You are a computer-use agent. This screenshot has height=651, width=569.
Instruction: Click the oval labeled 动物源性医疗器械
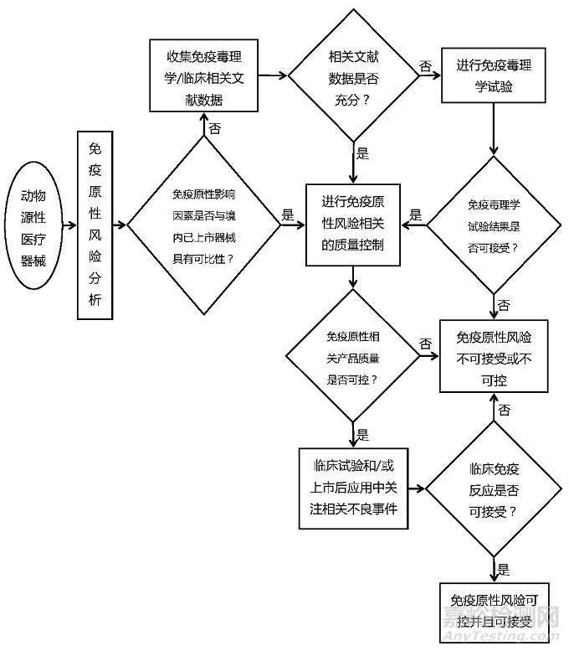click(x=35, y=226)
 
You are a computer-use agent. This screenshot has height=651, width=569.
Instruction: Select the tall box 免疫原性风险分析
click(x=95, y=225)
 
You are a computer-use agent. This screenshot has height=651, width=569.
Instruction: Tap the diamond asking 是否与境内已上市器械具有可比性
click(x=203, y=225)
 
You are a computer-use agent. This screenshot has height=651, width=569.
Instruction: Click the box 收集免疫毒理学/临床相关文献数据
click(x=204, y=76)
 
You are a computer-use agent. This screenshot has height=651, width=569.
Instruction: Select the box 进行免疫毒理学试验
click(x=493, y=76)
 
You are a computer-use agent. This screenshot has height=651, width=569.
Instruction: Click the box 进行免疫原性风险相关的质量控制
click(x=353, y=224)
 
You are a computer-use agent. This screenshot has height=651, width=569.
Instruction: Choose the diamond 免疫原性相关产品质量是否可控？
click(x=353, y=357)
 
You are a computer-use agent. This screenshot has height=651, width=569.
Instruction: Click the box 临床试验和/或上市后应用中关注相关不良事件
click(x=354, y=488)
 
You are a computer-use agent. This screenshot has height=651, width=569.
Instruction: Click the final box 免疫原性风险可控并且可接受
click(x=493, y=610)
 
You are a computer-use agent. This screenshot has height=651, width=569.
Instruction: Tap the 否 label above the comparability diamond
click(x=215, y=128)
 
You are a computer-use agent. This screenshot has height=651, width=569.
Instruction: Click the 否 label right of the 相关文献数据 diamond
click(x=425, y=65)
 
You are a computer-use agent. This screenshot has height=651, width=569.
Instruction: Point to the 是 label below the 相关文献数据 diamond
click(x=362, y=153)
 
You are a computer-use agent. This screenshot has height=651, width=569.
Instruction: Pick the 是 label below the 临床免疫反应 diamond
click(x=503, y=570)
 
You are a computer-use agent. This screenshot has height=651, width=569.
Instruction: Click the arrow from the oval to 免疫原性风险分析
click(x=68, y=225)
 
